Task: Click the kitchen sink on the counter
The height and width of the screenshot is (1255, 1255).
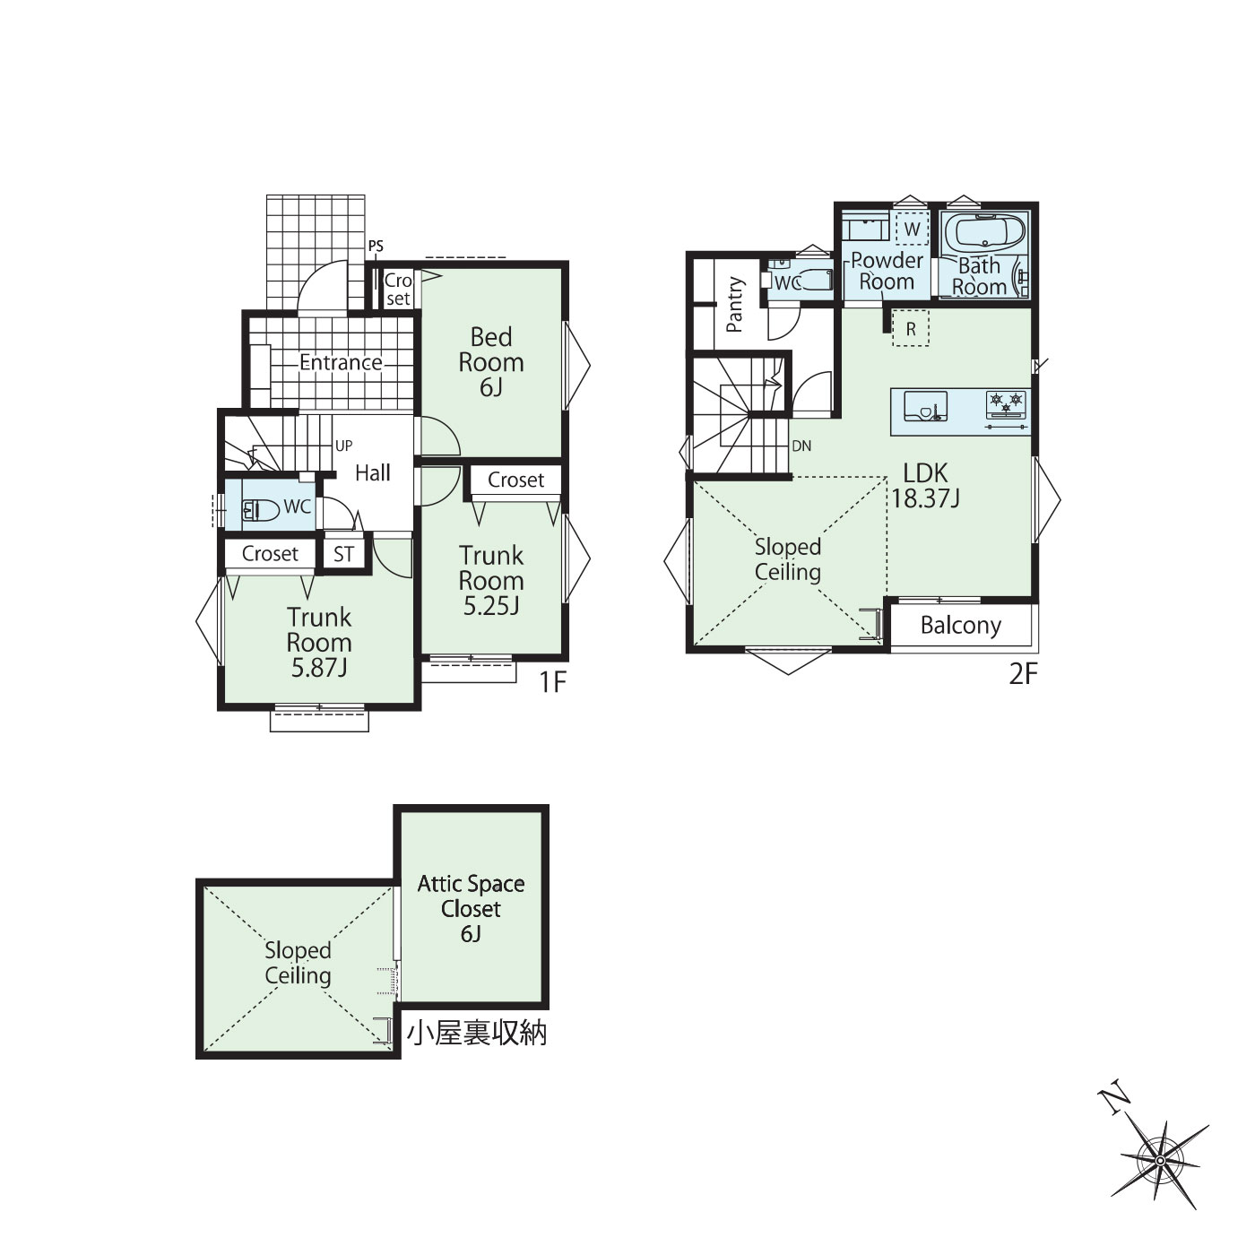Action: coord(925,405)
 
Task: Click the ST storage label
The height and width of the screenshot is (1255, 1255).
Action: coord(344,554)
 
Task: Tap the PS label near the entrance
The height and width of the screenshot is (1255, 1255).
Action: coord(376,247)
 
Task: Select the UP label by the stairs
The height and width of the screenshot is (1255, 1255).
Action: coord(344,446)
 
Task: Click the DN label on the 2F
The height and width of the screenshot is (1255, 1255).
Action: coord(801,446)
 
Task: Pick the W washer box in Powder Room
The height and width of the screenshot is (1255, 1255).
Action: coord(913,229)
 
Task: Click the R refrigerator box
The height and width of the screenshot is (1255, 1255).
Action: coord(911,329)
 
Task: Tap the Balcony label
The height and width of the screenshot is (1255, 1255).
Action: coord(961,626)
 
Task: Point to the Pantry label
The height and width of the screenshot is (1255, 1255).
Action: coord(735,304)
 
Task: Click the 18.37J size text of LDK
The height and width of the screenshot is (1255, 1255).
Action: coord(925,498)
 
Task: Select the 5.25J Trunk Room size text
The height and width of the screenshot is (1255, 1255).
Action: coord(491,606)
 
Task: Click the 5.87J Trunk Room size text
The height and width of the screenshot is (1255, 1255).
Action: coord(319,668)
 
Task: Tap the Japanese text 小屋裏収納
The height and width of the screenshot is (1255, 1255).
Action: coord(478,1034)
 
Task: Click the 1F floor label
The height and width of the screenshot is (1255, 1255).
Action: coord(553,682)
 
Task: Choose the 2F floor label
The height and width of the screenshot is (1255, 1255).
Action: coord(1023,674)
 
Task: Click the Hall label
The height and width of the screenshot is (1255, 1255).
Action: coord(373,472)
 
